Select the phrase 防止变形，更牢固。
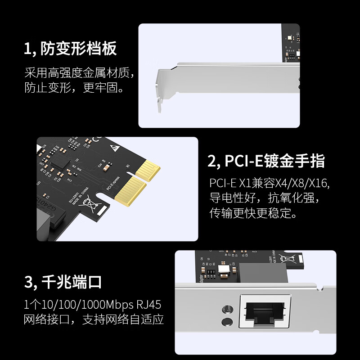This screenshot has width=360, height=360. click(74, 87)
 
